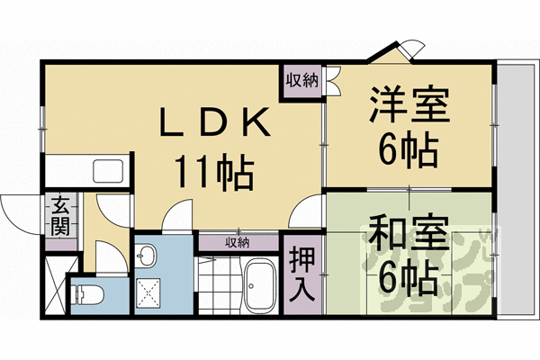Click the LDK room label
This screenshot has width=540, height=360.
(214, 124)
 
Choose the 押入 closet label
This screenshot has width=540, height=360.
(301, 273)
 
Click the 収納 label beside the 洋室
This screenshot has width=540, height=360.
(302, 80)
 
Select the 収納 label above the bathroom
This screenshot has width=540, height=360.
(238, 242)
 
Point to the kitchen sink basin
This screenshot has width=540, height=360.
(110, 171)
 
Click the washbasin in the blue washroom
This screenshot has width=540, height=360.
(147, 256)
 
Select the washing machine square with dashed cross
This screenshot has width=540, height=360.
(147, 292)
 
